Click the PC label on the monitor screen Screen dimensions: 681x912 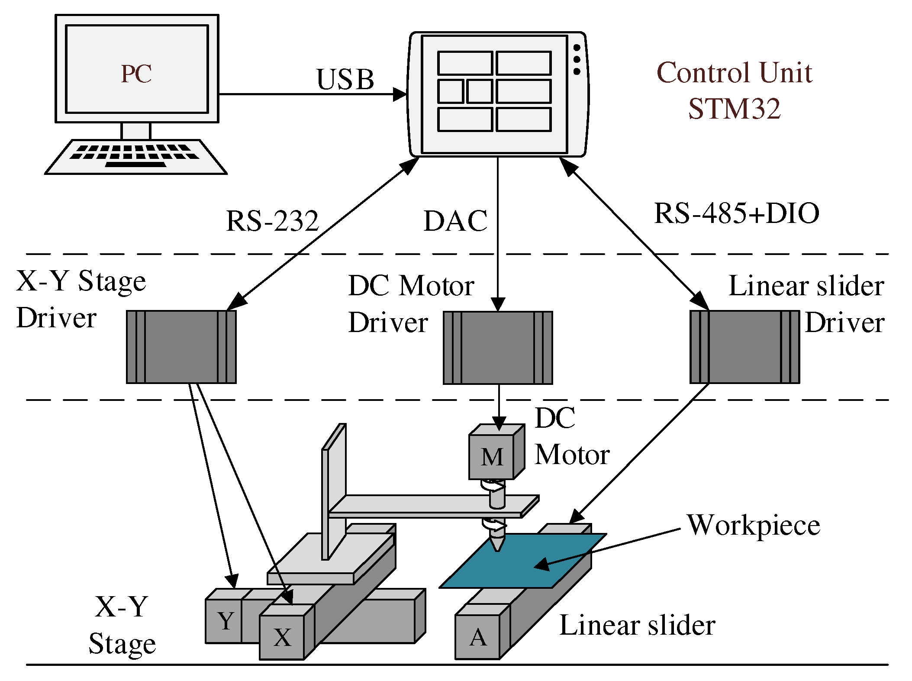click(x=136, y=74)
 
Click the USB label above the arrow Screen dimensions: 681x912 click(x=345, y=80)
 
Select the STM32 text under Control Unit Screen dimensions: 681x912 click(x=734, y=109)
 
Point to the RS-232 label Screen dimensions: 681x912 click(x=272, y=221)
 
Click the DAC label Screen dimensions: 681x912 click(x=455, y=221)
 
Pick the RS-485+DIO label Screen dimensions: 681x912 click(x=736, y=213)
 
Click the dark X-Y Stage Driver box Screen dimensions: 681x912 click(x=181, y=347)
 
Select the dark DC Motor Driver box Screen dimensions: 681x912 click(x=498, y=348)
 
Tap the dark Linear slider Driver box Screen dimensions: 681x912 click(x=744, y=347)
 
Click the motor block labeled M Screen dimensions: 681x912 click(x=492, y=457)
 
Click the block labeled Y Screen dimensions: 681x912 click(x=224, y=621)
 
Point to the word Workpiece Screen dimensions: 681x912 click(x=753, y=525)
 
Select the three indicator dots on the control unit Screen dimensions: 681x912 click(x=577, y=59)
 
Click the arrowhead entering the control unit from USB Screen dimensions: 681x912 click(x=400, y=94)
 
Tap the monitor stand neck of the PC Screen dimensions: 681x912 click(x=135, y=131)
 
